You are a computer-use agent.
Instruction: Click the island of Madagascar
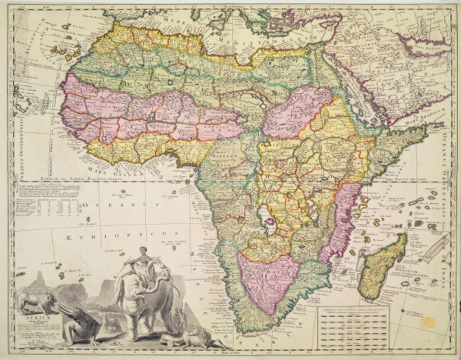382,266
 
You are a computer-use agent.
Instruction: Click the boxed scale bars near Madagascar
353,329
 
